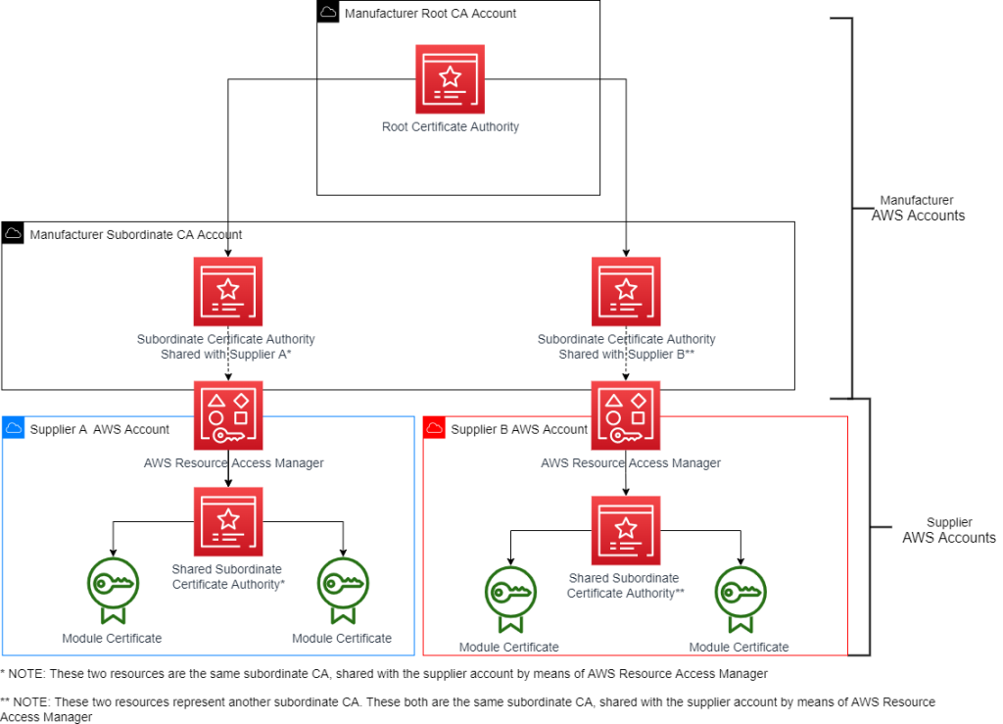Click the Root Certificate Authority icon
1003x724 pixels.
[450, 78]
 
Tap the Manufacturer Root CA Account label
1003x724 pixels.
[430, 14]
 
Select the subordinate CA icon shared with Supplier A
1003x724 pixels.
[228, 291]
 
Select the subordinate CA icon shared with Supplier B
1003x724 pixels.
[626, 291]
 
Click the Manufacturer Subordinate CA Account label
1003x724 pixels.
[136, 235]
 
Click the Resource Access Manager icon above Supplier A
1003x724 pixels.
[228, 415]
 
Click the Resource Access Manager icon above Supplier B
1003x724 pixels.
[626, 415]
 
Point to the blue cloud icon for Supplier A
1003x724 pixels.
[14, 429]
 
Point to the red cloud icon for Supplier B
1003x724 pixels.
[435, 429]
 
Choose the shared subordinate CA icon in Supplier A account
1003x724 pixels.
[228, 521]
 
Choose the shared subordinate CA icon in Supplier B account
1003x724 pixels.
[626, 530]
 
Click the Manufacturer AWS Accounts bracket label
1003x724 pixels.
[917, 208]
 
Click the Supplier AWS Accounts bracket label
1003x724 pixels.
[947, 530]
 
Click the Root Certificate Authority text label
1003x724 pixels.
[450, 127]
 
